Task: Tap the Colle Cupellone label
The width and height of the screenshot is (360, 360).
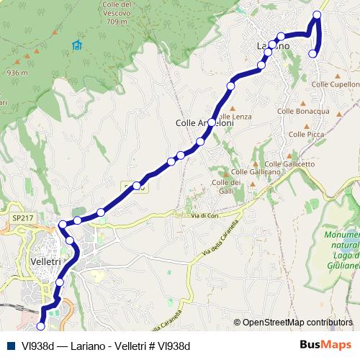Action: [x=334, y=84]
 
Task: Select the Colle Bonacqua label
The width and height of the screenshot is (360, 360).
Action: [x=303, y=111]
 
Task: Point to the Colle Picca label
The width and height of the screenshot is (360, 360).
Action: [x=305, y=134]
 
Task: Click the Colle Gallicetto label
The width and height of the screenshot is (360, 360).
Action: [x=290, y=163]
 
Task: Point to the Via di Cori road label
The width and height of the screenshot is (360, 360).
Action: [x=204, y=215]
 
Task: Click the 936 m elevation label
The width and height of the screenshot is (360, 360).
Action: [x=17, y=73]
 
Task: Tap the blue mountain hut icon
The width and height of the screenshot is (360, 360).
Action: [x=77, y=46]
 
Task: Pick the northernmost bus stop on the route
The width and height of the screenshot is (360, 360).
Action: [x=318, y=15]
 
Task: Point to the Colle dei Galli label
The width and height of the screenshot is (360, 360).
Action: [x=225, y=186]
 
